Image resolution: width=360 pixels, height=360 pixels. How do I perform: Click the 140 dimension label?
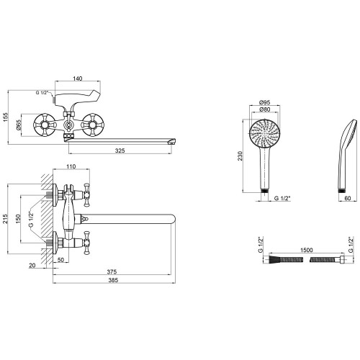tap(78, 78)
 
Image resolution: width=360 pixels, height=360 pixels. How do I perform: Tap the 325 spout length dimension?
tap(120, 150)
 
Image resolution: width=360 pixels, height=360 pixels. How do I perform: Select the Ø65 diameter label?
tap(19, 125)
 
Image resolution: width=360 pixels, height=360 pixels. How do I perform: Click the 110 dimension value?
tap(71, 166)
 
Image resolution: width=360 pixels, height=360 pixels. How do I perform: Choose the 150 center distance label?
tap(19, 219)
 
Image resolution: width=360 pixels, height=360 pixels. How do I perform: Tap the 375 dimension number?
tap(112, 271)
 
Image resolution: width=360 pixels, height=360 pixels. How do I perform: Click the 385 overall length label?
tap(113, 280)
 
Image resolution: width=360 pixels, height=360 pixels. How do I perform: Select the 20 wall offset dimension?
tap(32, 266)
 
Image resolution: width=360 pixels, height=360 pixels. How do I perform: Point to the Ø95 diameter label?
tap(265, 102)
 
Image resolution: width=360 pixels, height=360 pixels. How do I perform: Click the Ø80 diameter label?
tap(265, 109)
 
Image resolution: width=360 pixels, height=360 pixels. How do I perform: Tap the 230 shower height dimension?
tap(240, 156)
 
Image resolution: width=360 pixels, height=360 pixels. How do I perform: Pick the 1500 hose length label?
tap(307, 250)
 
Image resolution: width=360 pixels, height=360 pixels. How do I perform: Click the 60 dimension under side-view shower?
tap(348, 198)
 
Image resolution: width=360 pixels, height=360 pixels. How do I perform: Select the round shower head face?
tap(265, 133)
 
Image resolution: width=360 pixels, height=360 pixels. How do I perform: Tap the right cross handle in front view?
tap(92, 125)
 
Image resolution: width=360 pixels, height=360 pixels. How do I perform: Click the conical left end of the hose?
tap(274, 260)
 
